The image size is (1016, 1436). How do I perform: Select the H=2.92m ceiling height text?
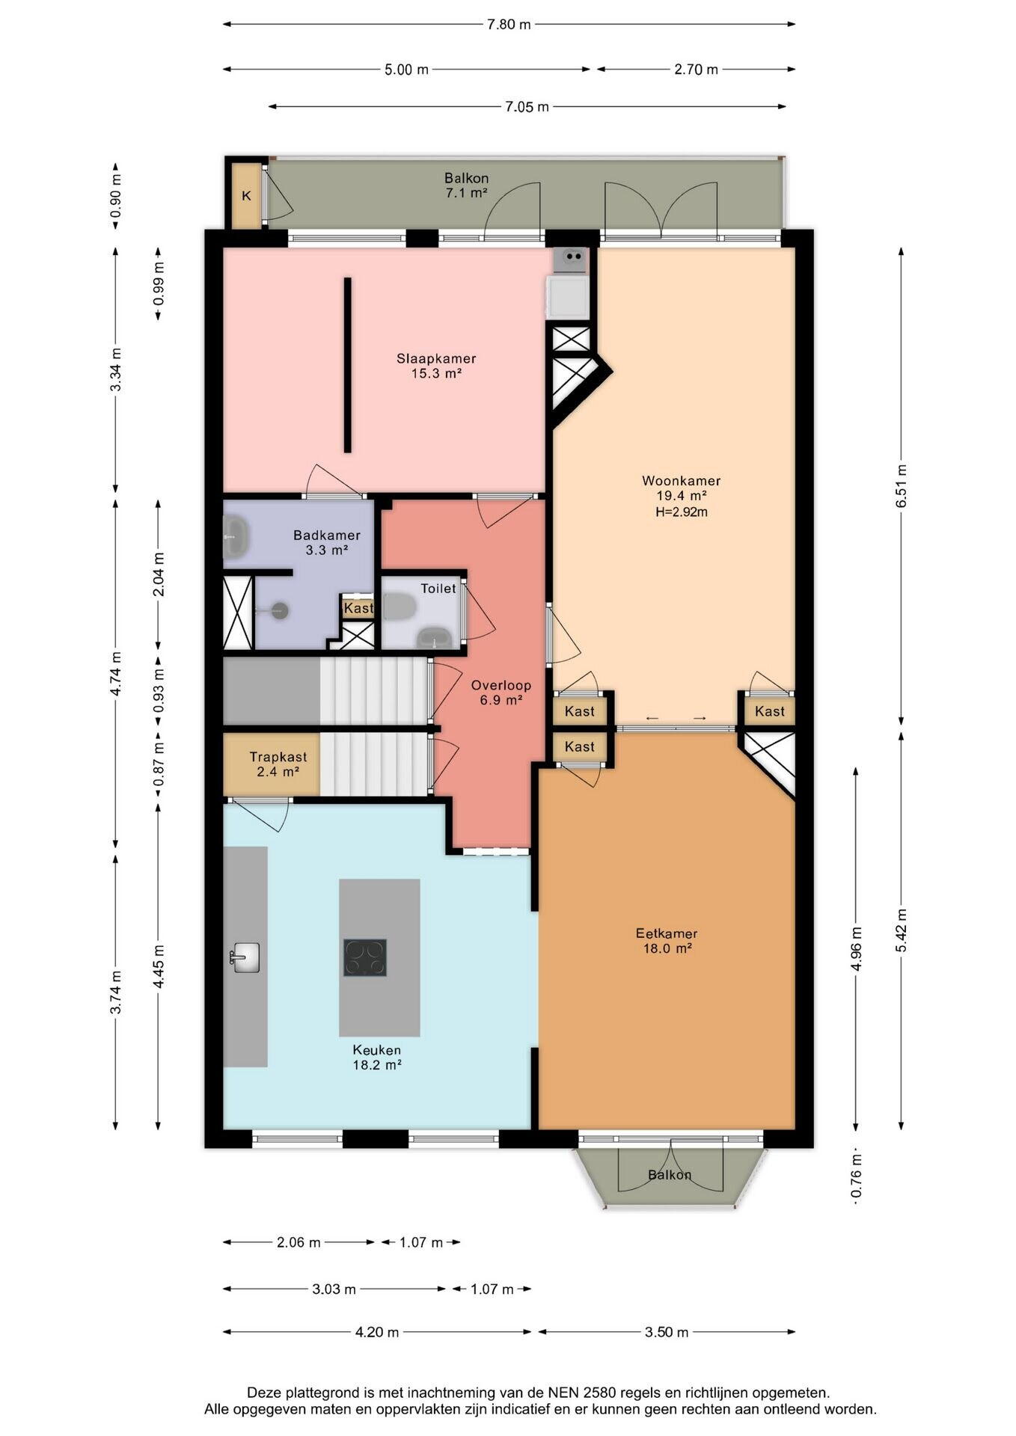(x=681, y=512)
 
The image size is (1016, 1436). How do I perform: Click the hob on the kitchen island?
(x=365, y=957)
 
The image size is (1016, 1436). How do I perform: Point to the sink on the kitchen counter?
(x=245, y=957)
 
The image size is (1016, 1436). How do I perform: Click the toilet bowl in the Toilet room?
(x=399, y=607)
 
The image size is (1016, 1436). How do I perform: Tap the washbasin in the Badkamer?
(x=236, y=537)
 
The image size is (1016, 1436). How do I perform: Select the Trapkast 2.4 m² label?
(x=278, y=764)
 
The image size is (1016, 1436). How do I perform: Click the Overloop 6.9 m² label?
(x=501, y=693)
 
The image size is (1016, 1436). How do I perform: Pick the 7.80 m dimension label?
(x=509, y=25)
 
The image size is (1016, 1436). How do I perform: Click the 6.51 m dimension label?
(x=902, y=486)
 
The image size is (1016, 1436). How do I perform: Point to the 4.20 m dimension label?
(x=377, y=1332)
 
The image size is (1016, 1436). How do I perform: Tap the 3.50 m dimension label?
(x=667, y=1332)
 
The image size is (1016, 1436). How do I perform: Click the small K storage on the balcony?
(x=245, y=196)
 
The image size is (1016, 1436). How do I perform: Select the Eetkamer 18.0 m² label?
(x=667, y=941)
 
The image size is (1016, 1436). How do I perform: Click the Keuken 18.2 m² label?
(x=377, y=1058)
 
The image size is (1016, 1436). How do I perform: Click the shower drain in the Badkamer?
(x=279, y=610)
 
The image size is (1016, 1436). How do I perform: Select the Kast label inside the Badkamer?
(x=358, y=608)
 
